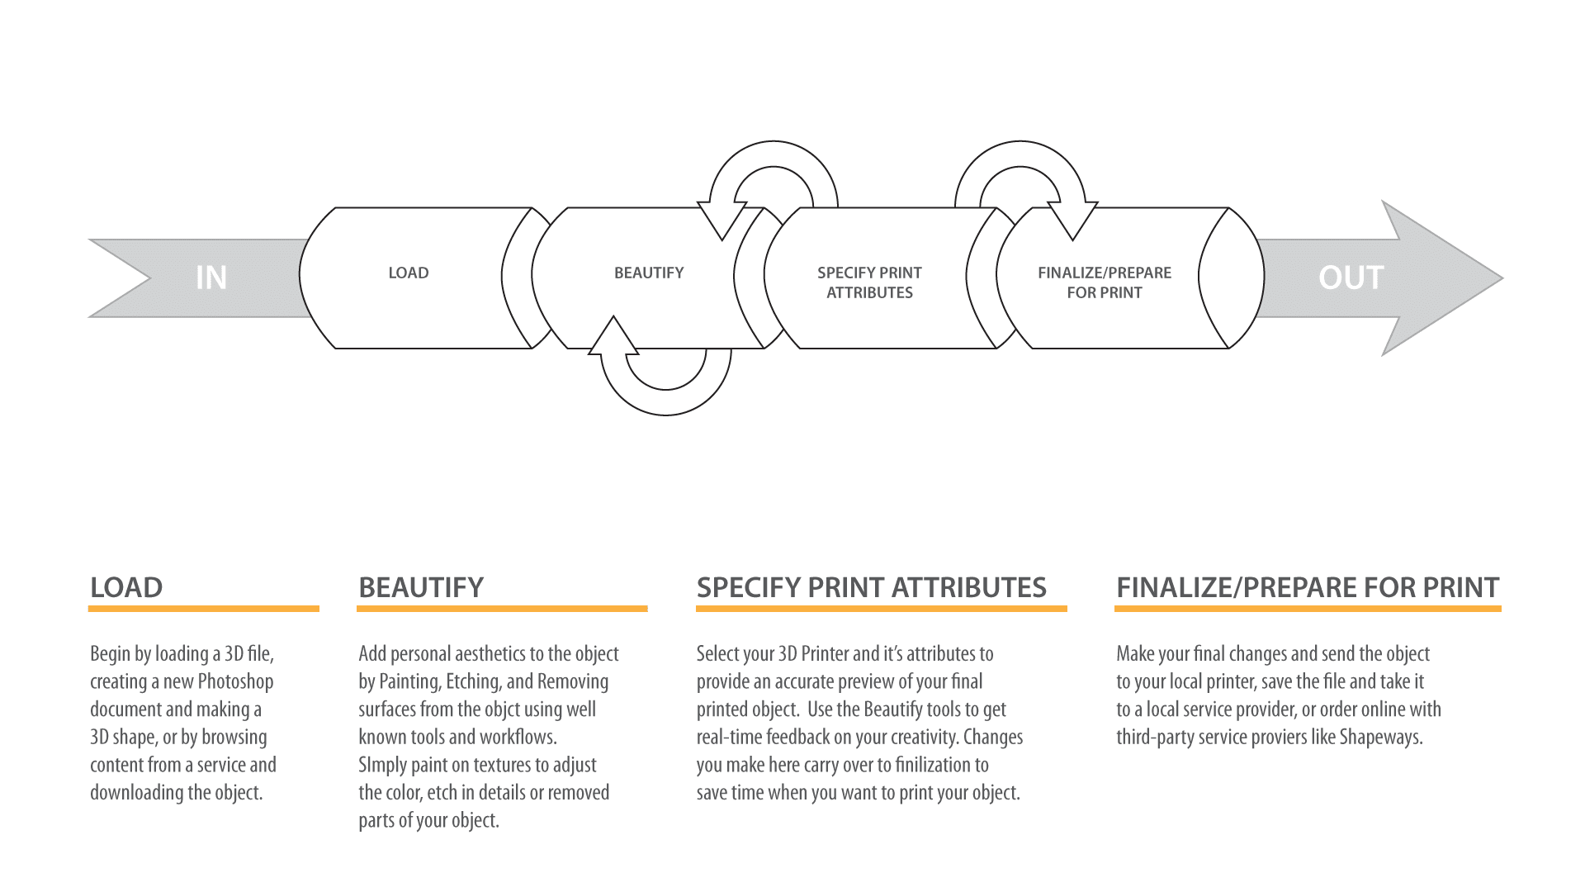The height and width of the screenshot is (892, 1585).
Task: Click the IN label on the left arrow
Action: (211, 278)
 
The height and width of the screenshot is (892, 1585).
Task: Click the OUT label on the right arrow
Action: (1351, 278)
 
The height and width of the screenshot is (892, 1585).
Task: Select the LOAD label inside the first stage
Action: (409, 273)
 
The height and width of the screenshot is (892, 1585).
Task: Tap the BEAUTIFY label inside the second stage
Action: (649, 273)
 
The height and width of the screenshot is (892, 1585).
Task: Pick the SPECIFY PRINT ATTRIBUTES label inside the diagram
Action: (869, 282)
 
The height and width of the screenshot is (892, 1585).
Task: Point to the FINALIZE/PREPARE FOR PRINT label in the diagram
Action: (1105, 282)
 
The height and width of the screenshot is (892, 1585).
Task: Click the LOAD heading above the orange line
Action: (126, 587)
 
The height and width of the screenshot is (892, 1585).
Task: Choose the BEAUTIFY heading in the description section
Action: (421, 587)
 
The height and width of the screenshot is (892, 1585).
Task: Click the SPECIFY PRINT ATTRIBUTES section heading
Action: (871, 587)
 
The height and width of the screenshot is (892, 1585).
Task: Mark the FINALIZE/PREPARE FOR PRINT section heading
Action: (1308, 587)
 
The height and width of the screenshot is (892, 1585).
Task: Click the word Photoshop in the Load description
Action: (235, 681)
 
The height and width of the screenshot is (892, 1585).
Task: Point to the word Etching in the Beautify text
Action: (473, 681)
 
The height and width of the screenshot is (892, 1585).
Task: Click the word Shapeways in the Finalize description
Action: (1380, 737)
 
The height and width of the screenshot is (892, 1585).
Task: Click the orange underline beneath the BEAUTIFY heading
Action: (502, 609)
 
